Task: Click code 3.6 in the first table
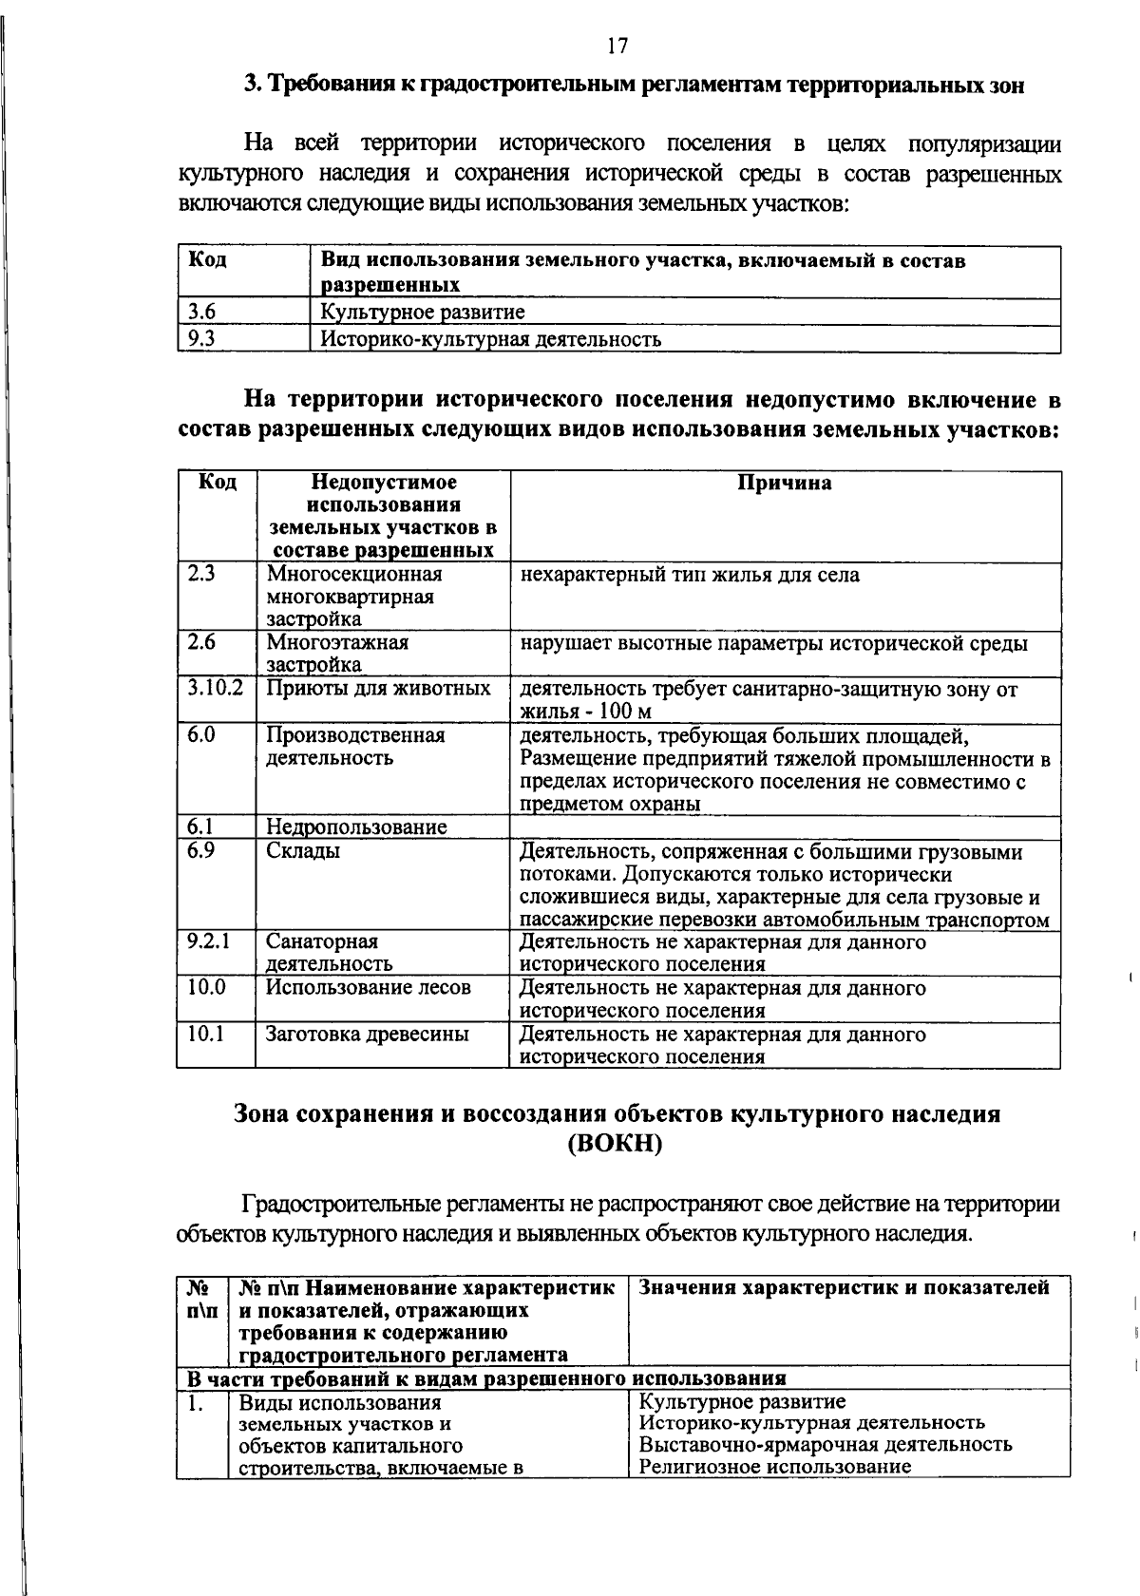tap(201, 312)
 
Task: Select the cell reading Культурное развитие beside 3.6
tap(422, 313)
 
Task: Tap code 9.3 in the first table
tap(201, 339)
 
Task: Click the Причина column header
tap(785, 484)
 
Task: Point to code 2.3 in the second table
tap(201, 575)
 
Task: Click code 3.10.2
tap(216, 688)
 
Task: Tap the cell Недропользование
tap(356, 827)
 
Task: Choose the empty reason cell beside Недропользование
tap(785, 827)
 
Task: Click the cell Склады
tap(303, 851)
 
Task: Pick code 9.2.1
tap(209, 941)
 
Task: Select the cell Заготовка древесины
tap(367, 1035)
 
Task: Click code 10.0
tap(206, 988)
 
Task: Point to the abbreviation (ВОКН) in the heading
tap(615, 1144)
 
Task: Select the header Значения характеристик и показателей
tap(845, 1288)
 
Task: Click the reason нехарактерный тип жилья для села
tap(690, 576)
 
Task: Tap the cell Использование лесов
tap(368, 988)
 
